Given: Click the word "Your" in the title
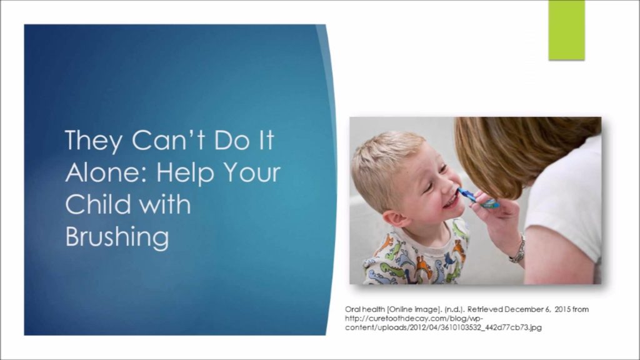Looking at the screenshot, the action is (252, 172).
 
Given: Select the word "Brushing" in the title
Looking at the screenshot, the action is (117, 237).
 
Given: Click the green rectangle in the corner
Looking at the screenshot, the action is (566, 30).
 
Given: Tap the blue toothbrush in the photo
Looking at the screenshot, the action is (478, 198).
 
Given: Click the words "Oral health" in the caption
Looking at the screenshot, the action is (365, 309).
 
